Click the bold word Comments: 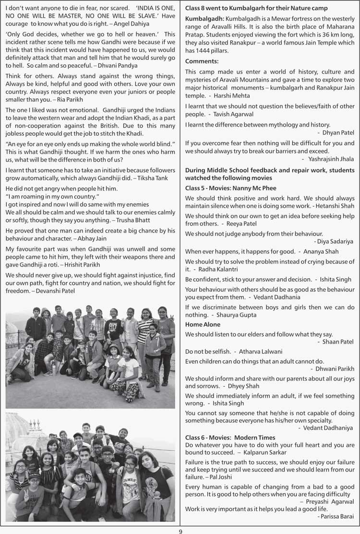click(202, 61)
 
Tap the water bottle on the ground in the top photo click(54, 368)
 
